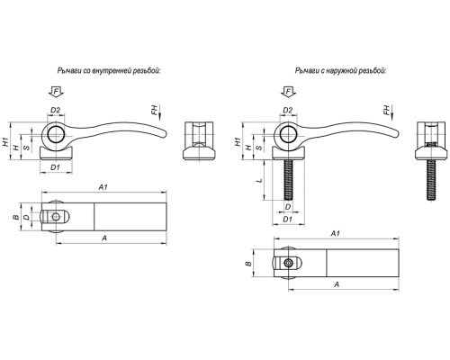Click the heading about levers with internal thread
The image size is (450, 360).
[x=109, y=71]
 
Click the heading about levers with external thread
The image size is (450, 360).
[x=341, y=71]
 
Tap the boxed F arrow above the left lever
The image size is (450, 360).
[x=56, y=92]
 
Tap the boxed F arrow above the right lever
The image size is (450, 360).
[x=288, y=92]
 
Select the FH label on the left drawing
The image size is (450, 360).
[x=154, y=111]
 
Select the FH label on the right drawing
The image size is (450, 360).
[x=387, y=111]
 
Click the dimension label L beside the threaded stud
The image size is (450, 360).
[x=260, y=181]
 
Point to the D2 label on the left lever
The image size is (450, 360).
[x=56, y=110]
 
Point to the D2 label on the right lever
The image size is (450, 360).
[x=288, y=110]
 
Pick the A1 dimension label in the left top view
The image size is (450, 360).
[x=103, y=187]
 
